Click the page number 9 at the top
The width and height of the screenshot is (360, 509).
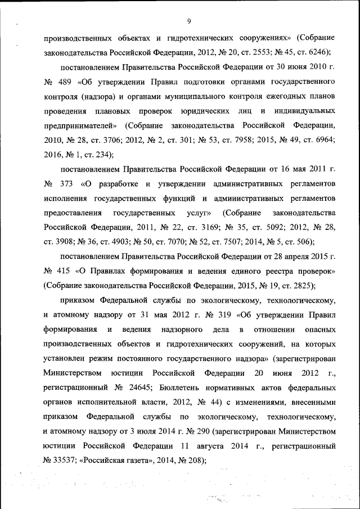pos(189,21)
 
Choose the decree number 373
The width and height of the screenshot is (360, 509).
pos(65,184)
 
